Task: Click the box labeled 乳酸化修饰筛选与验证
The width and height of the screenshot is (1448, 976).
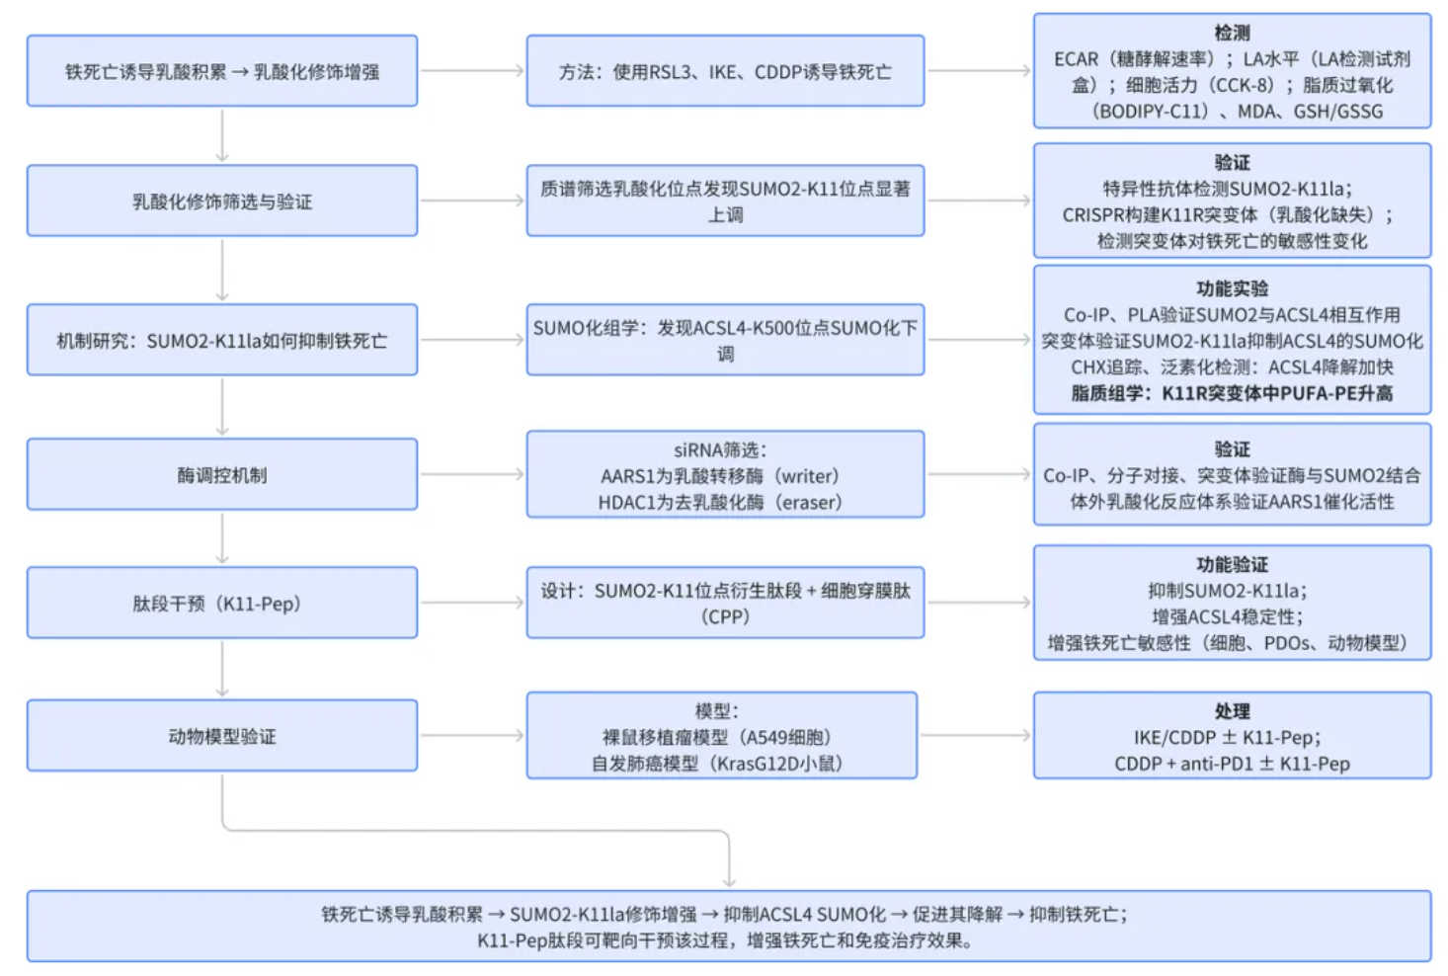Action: point(222,202)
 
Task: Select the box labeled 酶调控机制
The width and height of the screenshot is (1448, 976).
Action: point(222,475)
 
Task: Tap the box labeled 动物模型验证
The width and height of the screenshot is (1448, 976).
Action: point(222,736)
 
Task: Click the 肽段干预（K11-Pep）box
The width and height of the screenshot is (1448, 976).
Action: point(222,604)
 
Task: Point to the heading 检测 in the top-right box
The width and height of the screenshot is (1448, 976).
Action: point(1232,33)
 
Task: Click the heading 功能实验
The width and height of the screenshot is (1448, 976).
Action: point(1232,288)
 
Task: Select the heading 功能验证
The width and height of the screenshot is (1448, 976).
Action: point(1232,564)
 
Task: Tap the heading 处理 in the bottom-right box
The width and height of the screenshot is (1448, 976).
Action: point(1232,711)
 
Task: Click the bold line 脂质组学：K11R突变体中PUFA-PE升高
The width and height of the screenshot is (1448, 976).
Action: point(1232,393)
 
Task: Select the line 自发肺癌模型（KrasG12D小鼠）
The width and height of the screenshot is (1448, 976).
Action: point(721,763)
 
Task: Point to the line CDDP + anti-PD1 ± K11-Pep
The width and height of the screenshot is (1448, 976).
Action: point(1232,764)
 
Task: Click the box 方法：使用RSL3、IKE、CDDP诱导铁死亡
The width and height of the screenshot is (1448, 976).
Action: point(725,71)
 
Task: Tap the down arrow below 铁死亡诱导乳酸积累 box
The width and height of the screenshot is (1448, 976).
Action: point(222,135)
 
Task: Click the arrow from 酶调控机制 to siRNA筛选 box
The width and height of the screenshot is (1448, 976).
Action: point(472,475)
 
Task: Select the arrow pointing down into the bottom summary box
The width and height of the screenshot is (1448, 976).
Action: point(729,869)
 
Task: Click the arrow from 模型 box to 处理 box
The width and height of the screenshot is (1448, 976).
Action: point(975,736)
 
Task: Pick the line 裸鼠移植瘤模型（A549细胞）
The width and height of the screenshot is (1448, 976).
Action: point(721,737)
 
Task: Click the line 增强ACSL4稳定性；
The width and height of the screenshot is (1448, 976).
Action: point(1232,617)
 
